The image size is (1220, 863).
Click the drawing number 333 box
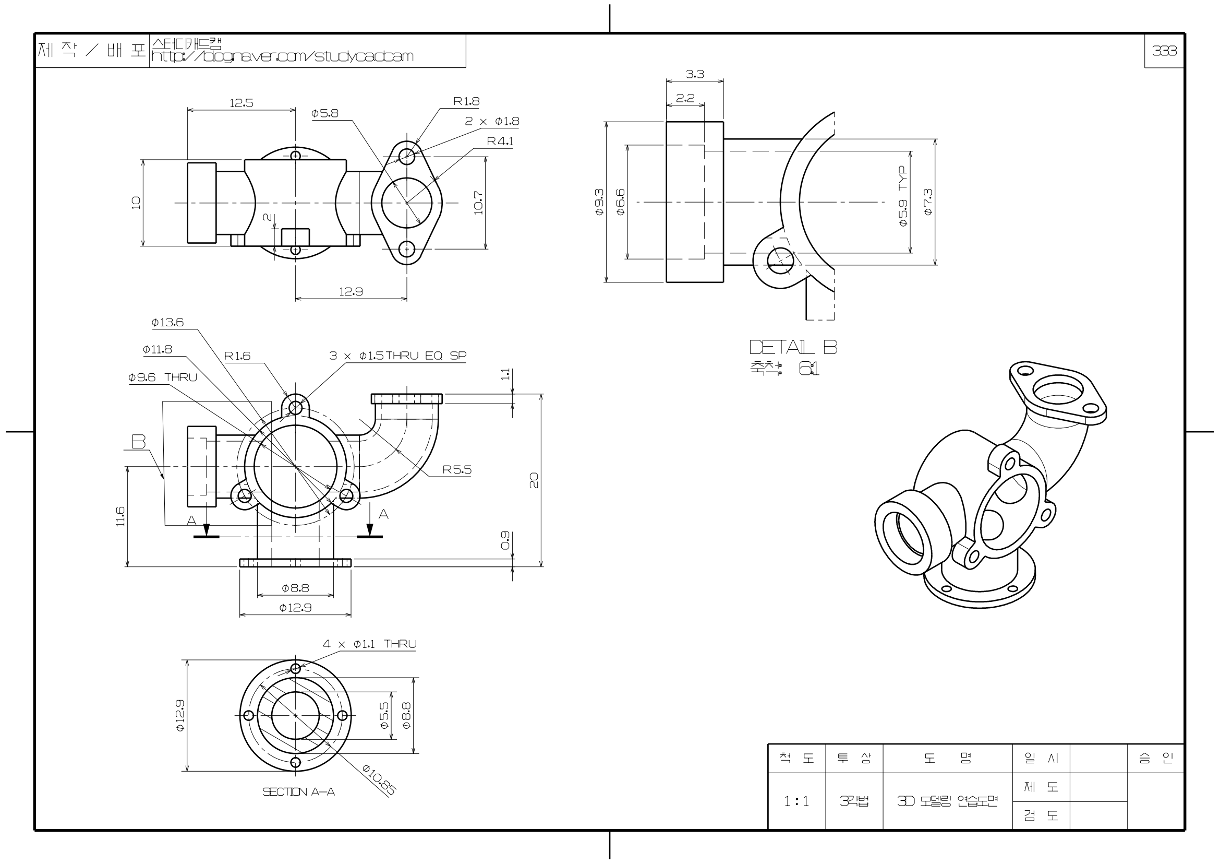click(x=1164, y=51)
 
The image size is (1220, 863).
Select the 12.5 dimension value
click(x=241, y=103)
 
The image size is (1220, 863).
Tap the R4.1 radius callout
click(x=500, y=141)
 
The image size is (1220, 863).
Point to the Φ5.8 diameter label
click(x=324, y=113)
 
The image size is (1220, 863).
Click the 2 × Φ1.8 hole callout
click(x=492, y=121)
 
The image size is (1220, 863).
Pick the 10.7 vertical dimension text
click(x=478, y=203)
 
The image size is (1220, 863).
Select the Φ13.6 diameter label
click(x=167, y=322)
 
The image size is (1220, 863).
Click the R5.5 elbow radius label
click(x=457, y=469)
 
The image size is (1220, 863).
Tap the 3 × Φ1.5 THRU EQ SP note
click(x=398, y=355)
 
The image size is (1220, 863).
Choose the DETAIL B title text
click(x=793, y=347)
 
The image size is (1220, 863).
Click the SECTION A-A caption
click(x=299, y=792)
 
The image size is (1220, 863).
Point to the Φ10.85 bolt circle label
click(x=379, y=779)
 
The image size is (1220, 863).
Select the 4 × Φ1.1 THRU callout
click(x=370, y=644)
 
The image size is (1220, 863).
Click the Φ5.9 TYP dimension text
click(x=903, y=196)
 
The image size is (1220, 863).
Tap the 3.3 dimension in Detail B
click(x=694, y=75)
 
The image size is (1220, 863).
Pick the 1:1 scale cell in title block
click(x=796, y=801)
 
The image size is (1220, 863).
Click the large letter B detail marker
click(x=139, y=441)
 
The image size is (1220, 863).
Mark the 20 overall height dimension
click(x=534, y=480)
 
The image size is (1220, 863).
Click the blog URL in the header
click(x=282, y=56)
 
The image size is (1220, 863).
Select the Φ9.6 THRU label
click(x=163, y=377)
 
